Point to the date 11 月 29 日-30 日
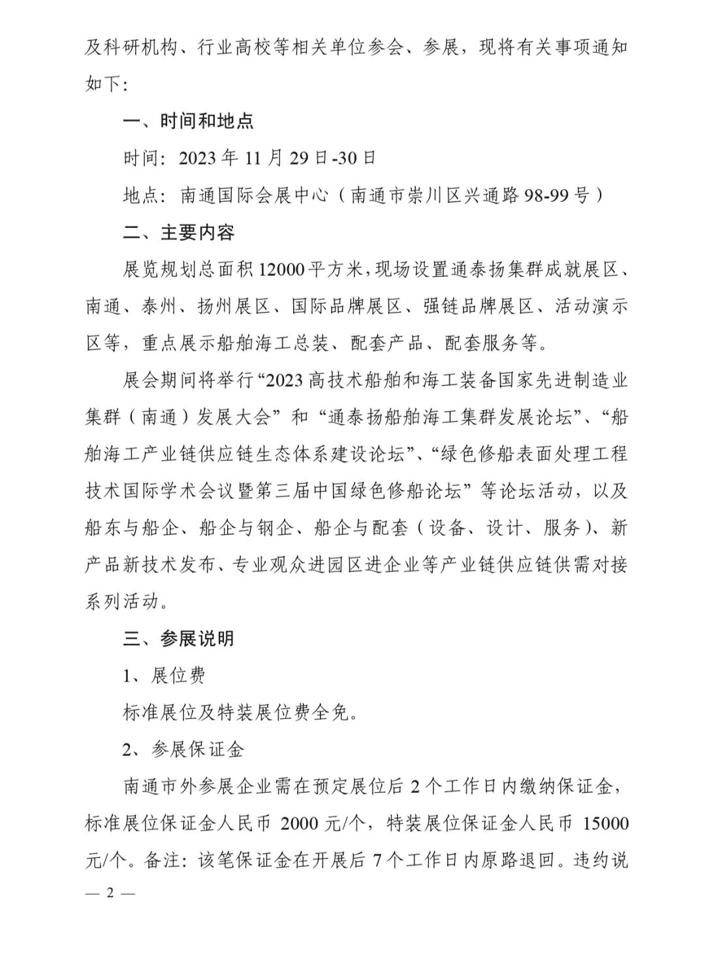click(x=311, y=158)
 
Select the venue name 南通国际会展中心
click(x=254, y=195)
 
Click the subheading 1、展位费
click(x=164, y=675)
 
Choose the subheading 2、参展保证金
click(x=183, y=749)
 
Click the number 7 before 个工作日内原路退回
click(x=375, y=861)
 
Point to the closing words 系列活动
click(x=122, y=601)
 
